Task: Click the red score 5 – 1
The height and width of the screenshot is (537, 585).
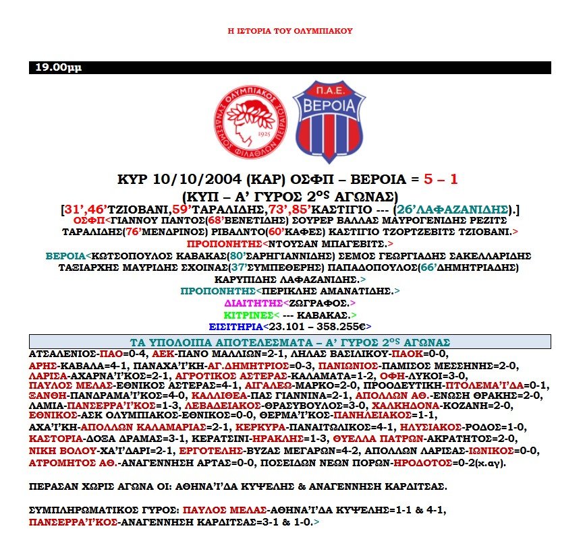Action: (x=441, y=179)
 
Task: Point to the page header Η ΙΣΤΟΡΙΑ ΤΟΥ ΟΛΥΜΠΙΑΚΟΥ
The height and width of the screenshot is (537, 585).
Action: (x=290, y=31)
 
